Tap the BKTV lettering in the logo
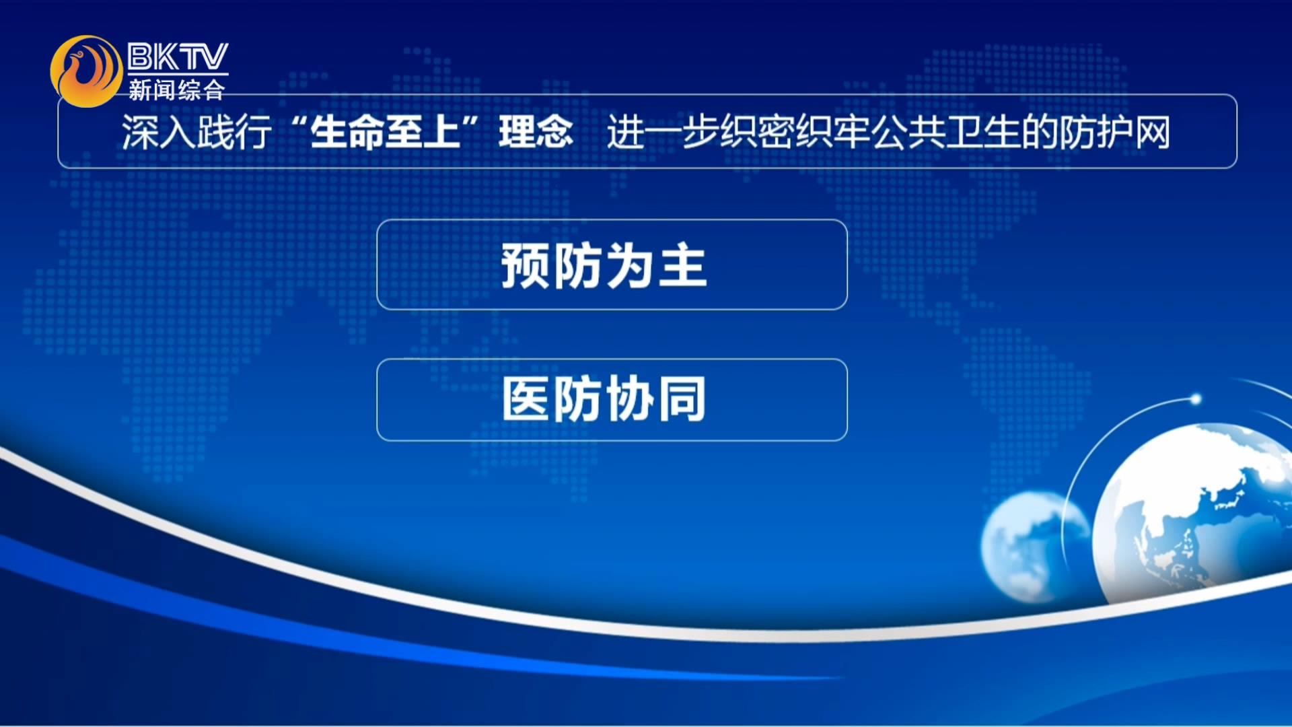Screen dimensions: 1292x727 coord(178,57)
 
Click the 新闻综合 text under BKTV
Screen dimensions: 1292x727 coord(176,90)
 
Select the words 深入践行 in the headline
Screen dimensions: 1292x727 coord(196,132)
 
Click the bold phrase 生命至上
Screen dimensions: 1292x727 coord(385,132)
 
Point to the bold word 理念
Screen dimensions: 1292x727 coord(536,132)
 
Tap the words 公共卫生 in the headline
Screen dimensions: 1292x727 coord(946,132)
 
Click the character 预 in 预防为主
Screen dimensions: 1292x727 coord(526,266)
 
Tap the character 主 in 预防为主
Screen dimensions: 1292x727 coord(683,266)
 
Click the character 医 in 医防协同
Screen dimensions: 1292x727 coord(526,399)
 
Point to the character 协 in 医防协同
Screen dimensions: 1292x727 coord(630,399)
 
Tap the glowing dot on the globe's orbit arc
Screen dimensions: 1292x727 coord(1196,400)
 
